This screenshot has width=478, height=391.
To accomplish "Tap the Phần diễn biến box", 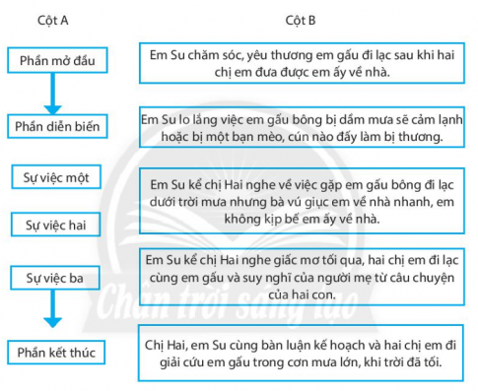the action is click(57, 127).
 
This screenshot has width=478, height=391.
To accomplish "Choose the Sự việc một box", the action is click(56, 178).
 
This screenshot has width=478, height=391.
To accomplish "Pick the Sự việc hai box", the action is click(55, 225).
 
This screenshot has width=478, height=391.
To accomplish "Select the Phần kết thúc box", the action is click(57, 352).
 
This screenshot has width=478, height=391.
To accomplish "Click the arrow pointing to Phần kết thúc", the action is click(55, 314).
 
